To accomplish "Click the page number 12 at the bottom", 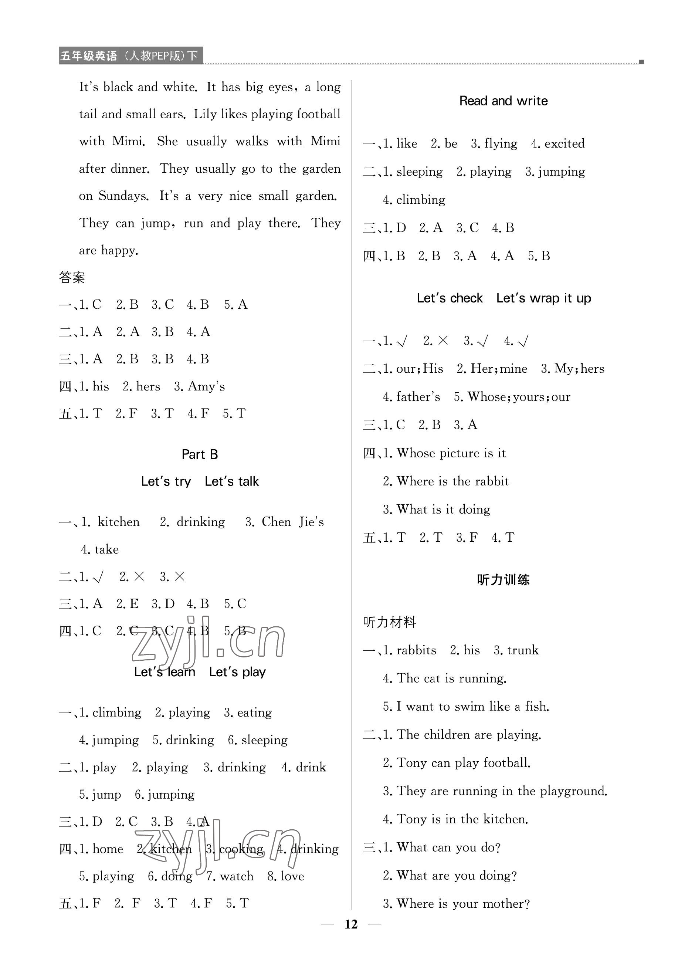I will coord(351,924).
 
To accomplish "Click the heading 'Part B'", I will coord(200,454).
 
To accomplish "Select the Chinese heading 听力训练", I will coord(503,580).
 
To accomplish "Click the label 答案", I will coord(72,277).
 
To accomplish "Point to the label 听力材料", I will coord(389,622).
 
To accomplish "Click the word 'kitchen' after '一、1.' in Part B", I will coord(119,522).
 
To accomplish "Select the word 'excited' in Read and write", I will coord(564,143).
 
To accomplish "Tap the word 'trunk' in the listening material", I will coord(523,650).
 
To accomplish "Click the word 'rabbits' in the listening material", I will coord(416,650).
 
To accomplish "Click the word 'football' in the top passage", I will coord(318,114).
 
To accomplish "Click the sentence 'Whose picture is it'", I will coord(451,453).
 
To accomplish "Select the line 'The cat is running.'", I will coord(451,678).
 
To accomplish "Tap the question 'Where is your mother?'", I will coord(463,904).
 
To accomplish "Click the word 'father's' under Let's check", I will coord(418,396).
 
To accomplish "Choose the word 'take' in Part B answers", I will coord(106,549).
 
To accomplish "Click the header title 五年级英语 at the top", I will coord(88,56).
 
